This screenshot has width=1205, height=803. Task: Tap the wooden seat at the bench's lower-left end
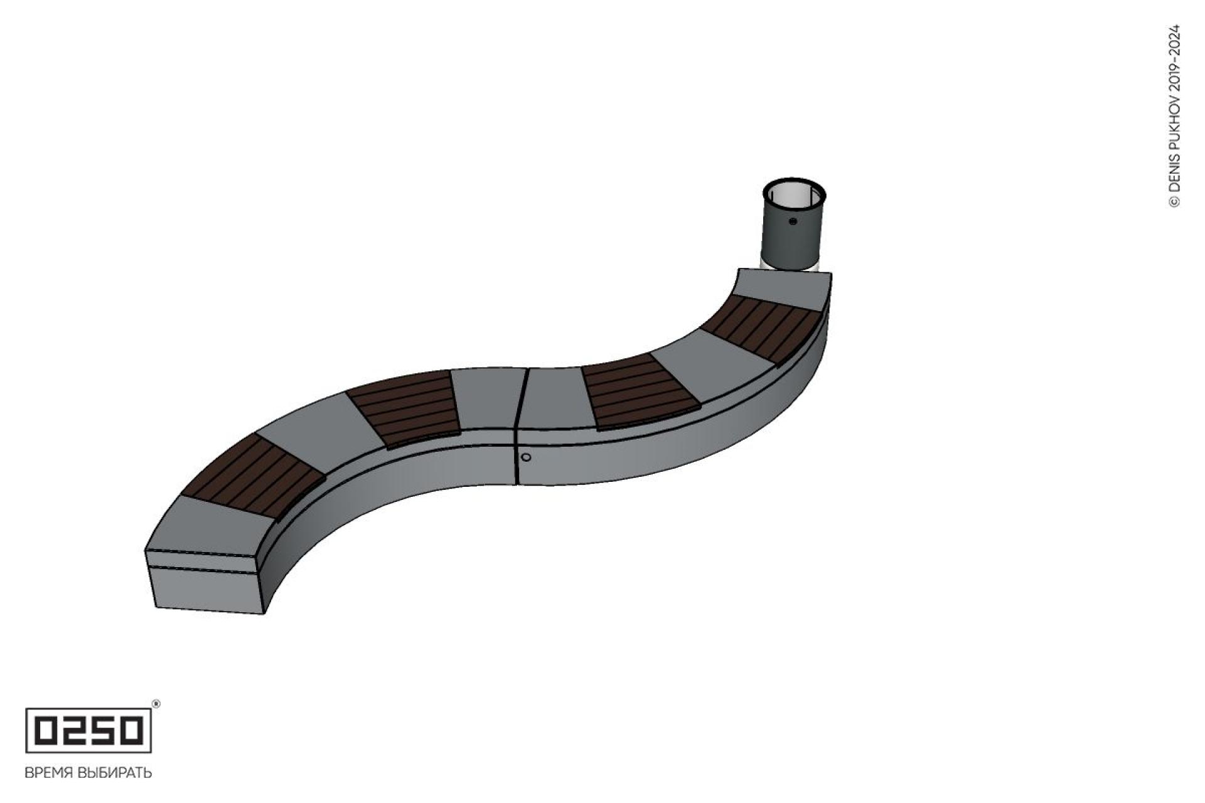253,475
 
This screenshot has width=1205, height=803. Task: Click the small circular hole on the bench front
526,457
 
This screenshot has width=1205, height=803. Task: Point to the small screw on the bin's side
793,221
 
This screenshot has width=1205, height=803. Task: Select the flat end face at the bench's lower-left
207,581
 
